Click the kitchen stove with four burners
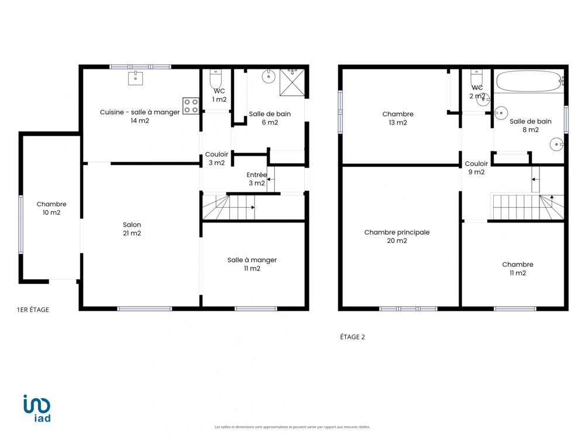[191, 105]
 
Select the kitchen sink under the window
[136, 78]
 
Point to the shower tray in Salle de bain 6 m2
[292, 83]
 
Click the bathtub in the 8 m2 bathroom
[529, 81]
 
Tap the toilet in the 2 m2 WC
[476, 78]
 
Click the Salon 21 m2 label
[132, 229]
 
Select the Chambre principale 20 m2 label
[397, 236]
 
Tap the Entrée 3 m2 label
[257, 179]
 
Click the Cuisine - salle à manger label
[140, 112]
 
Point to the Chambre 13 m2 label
[398, 118]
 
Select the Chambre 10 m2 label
[51, 208]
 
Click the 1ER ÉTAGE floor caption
[33, 310]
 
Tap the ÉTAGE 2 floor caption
[352, 337]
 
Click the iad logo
[37, 408]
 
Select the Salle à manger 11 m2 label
[252, 264]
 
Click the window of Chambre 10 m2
[21, 225]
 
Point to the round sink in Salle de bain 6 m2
[269, 77]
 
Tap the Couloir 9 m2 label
[476, 167]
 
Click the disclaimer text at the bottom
[292, 427]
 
